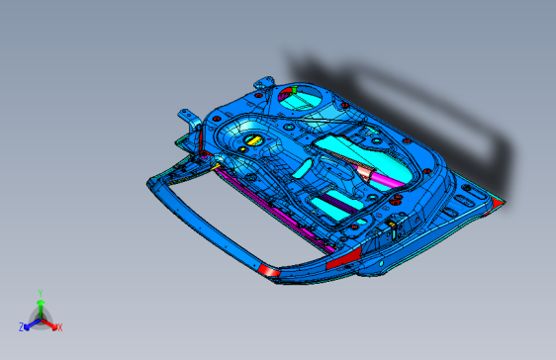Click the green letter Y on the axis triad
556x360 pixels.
(40, 293)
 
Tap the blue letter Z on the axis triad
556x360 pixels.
(22, 326)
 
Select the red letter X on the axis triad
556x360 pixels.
(59, 326)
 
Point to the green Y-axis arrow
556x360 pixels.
(40, 305)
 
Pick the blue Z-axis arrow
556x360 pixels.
(31, 322)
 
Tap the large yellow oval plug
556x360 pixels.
(251, 140)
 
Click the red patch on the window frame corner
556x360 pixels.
(268, 269)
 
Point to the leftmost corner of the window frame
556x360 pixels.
(150, 181)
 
